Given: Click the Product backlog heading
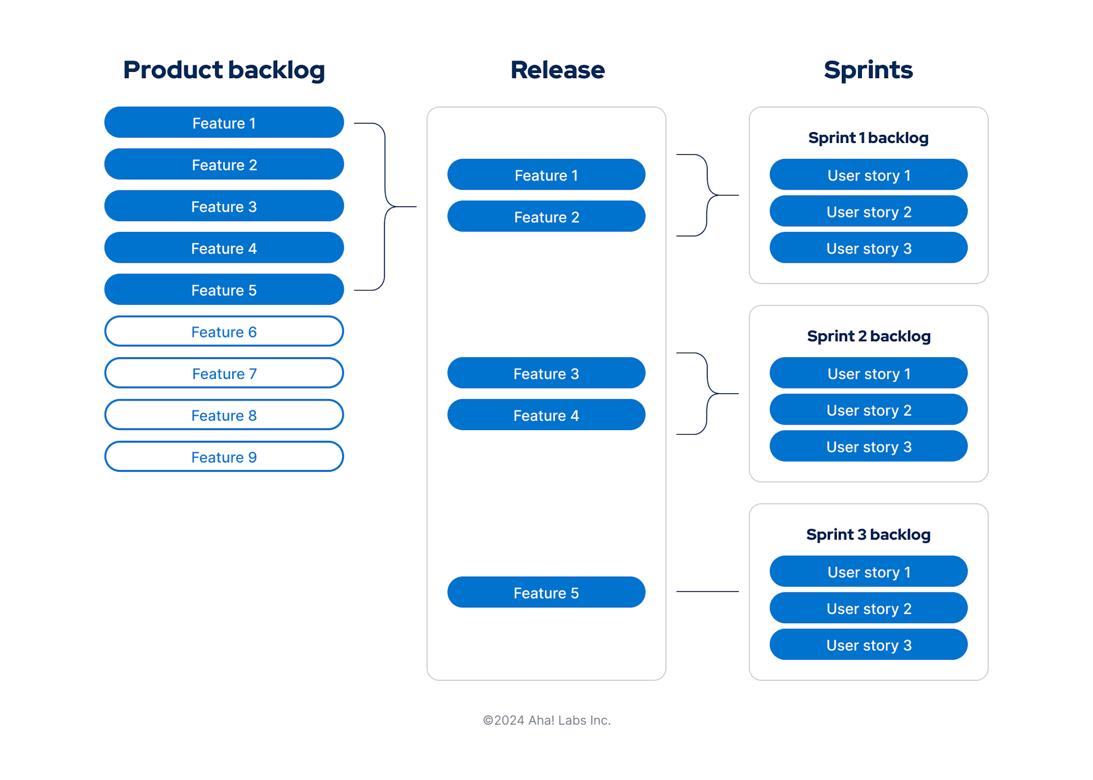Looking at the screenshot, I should [224, 70].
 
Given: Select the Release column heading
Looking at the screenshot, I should [557, 70].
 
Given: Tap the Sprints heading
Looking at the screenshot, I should [868, 70].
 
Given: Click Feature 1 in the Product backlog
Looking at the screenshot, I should [224, 122].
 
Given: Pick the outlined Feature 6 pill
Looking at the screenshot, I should [224, 332].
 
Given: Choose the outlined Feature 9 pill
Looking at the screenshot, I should [224, 457].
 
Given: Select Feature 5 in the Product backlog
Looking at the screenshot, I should [224, 290].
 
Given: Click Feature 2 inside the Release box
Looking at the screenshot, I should [546, 217].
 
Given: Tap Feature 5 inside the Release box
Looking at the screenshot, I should [546, 593].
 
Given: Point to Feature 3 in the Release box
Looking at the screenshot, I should [546, 373].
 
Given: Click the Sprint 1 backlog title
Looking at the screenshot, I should [868, 138].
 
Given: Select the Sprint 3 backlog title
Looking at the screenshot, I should [868, 534].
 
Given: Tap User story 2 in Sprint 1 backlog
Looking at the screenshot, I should [868, 211].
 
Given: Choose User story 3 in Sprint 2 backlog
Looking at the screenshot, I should [868, 447].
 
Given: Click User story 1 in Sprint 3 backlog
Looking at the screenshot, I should [868, 571].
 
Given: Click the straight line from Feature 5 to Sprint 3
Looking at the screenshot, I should [707, 592].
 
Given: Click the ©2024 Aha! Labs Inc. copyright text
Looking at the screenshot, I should [546, 720].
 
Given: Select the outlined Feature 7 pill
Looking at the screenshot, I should [224, 373].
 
